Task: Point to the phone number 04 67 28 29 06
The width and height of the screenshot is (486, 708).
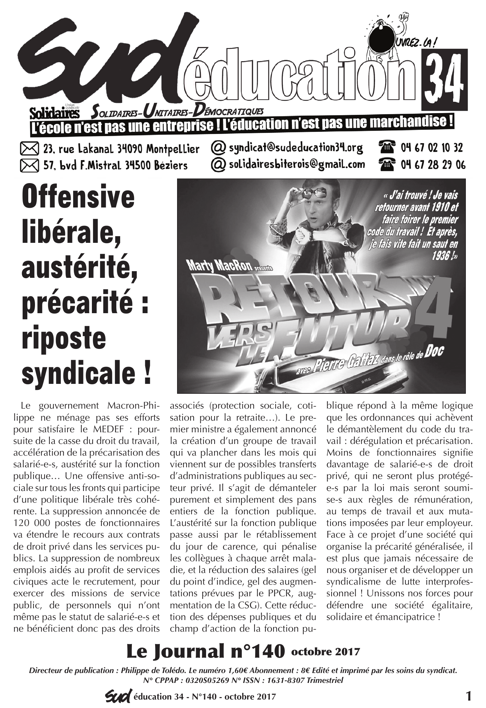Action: pos(433,165)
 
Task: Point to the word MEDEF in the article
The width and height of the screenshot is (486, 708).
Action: pos(109,429)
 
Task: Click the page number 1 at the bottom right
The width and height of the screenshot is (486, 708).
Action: pos(468,697)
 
